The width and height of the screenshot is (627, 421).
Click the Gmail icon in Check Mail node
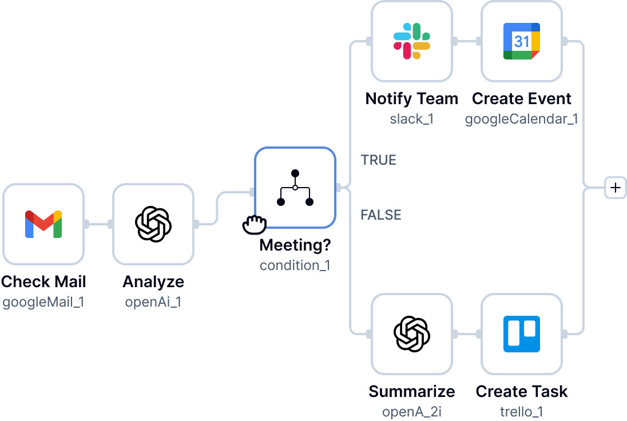coord(43,224)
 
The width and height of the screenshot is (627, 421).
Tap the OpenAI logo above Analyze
coord(153,224)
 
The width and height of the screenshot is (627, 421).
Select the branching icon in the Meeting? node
coord(295,188)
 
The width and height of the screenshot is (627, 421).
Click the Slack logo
coord(412,41)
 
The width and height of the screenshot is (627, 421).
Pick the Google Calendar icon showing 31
coord(522,41)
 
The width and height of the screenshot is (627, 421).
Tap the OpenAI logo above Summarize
coord(412,334)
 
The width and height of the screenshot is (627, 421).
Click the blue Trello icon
coord(522,334)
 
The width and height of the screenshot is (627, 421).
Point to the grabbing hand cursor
coord(254,225)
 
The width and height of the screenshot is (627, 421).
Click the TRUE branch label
coord(379,160)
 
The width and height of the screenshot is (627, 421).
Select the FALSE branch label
coord(380,215)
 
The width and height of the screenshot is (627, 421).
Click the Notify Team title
coord(412,98)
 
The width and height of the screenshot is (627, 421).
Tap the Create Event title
coord(522,98)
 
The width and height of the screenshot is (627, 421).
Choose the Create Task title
coord(522,391)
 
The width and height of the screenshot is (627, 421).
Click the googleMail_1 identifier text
coord(43,302)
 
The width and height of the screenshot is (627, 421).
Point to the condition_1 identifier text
coord(295,265)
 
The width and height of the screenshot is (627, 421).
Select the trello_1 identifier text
coord(522,412)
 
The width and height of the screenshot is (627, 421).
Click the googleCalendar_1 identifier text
coord(522,119)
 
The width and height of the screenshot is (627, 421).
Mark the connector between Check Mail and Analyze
coord(98,224)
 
